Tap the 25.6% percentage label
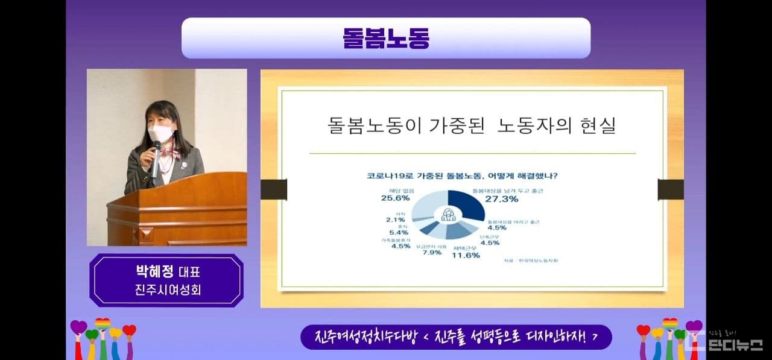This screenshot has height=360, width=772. (396, 197)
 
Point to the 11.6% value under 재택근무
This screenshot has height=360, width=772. (466, 255)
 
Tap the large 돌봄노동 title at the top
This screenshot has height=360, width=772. (386, 37)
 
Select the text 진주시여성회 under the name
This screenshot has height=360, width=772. (167, 289)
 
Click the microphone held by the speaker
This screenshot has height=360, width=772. (156, 158)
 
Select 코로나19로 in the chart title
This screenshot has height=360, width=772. (386, 177)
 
